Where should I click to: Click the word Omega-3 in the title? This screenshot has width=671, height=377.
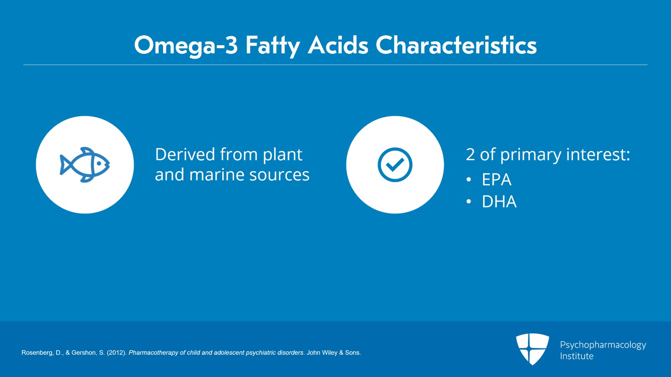pos(185,45)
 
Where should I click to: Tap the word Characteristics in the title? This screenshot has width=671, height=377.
pos(456,45)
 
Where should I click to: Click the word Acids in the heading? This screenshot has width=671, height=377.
pos(338,45)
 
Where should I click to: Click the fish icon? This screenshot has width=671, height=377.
pos(85,165)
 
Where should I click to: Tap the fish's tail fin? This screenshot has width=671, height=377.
pos(64,164)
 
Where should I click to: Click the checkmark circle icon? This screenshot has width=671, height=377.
pos(395,165)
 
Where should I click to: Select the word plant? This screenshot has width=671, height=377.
pos(282,155)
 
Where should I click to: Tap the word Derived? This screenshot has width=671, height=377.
pos(185,155)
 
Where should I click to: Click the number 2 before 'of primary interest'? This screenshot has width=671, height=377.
pos(470,155)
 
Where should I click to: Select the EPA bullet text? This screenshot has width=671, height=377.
pos(497,180)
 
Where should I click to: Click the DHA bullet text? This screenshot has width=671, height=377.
pos(499,202)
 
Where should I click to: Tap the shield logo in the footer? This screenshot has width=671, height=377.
pos(532,349)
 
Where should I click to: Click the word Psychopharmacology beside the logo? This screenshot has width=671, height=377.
pos(603,345)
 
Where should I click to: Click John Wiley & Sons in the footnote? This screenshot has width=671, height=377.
pos(333,353)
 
